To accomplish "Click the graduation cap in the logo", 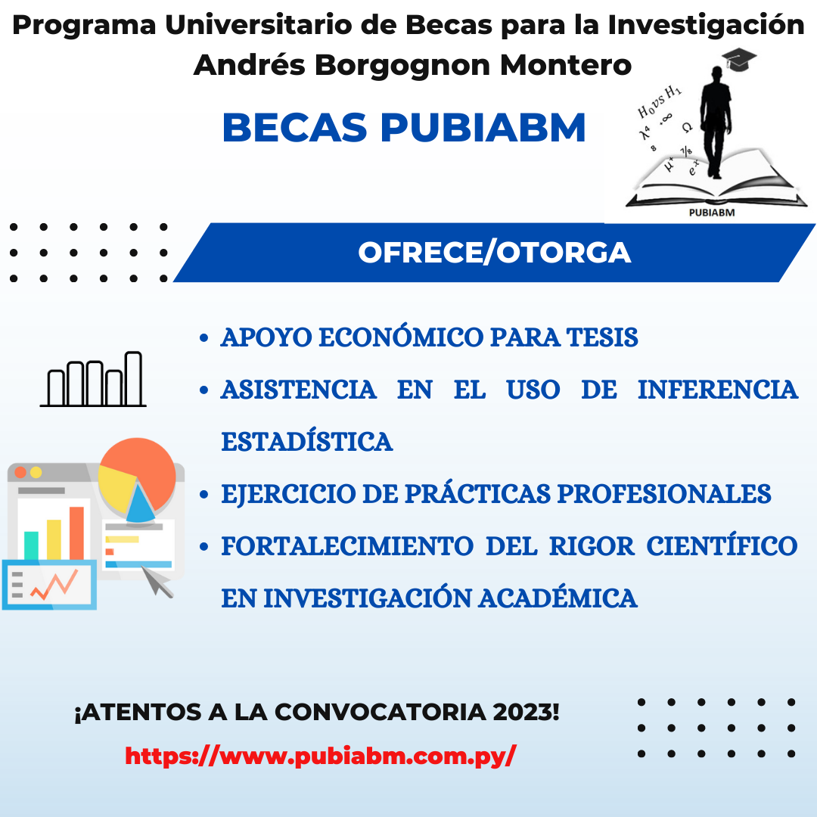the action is [739, 59].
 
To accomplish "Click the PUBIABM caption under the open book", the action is [712, 213].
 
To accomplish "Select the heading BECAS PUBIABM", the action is [404, 128].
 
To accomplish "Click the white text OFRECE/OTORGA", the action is [495, 253].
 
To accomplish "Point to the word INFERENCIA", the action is [718, 390].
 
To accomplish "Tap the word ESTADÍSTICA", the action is [307, 441].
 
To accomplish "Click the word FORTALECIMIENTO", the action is [347, 545].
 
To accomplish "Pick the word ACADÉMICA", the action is [558, 597].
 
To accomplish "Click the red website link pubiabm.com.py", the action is [321, 756].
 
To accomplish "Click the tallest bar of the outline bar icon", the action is [133, 379].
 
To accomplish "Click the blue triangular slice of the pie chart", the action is [140, 503].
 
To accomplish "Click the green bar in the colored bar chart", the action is [31, 545].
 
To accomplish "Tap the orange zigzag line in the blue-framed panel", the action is [54, 585].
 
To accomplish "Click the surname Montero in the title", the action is [566, 65].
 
